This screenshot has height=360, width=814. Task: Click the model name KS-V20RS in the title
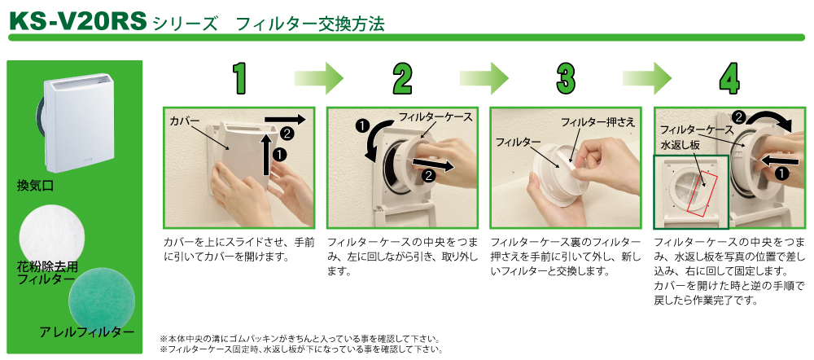tap(78, 21)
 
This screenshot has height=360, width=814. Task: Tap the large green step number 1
tap(239, 79)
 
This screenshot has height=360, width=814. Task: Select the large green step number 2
tap(402, 79)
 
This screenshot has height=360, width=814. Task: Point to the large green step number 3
tap(566, 79)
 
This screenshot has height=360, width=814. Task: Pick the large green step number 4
tap(730, 79)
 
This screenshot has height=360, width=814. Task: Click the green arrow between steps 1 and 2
tap(319, 78)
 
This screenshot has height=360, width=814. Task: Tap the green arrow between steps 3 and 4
tap(647, 78)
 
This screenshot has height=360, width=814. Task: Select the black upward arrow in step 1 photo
tap(266, 154)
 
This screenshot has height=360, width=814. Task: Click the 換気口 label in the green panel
tap(35, 186)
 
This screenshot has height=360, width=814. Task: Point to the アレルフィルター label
tap(87, 331)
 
